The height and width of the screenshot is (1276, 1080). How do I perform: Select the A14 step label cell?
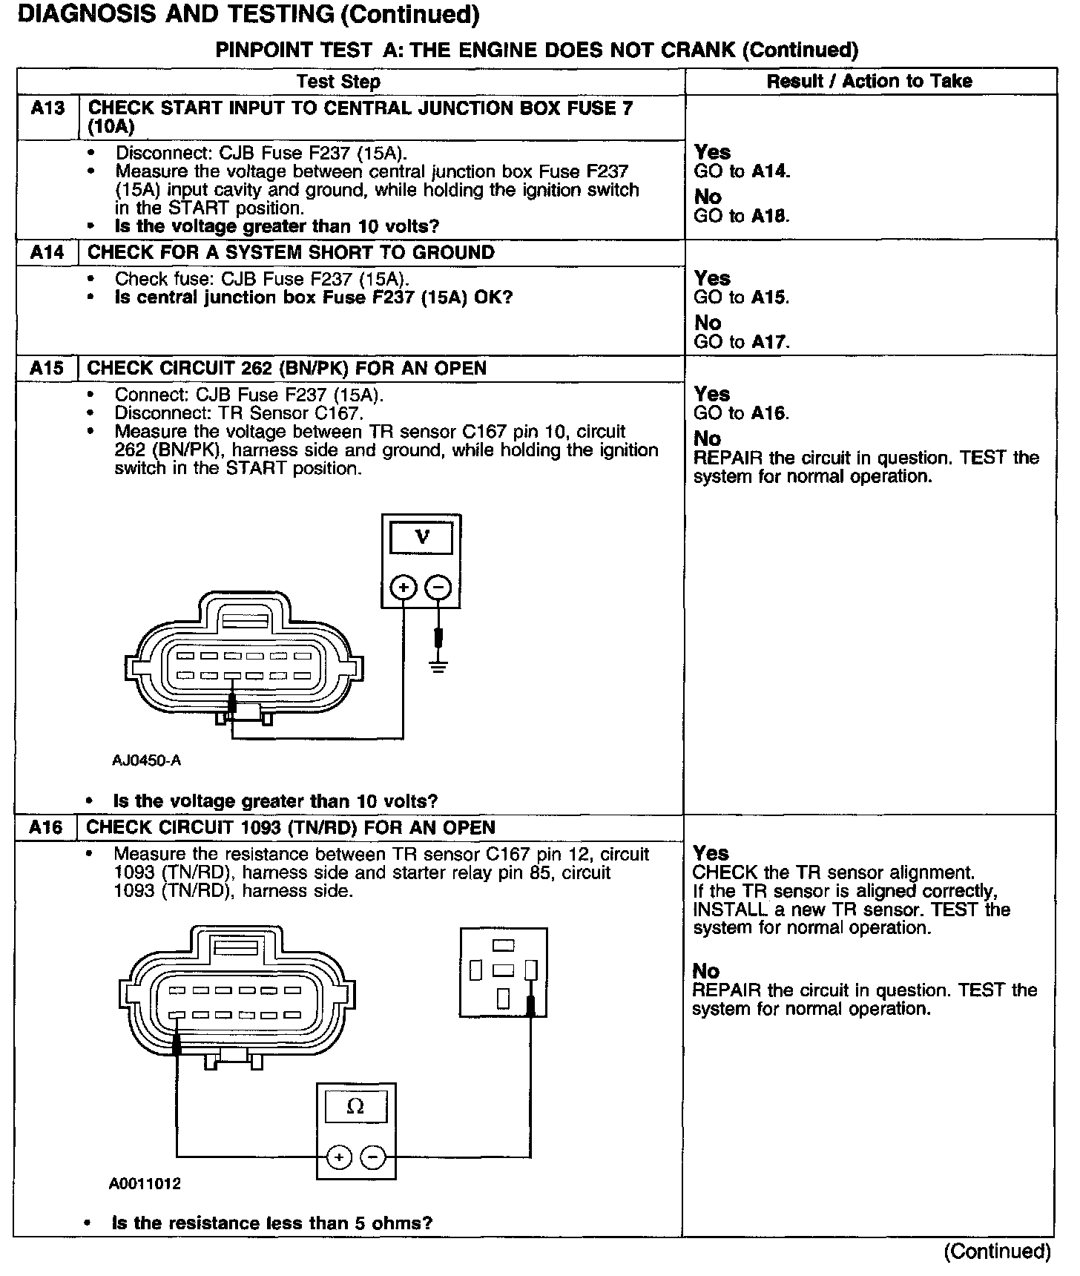pyautogui.click(x=47, y=253)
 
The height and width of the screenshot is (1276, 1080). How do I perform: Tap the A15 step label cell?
pyautogui.click(x=47, y=369)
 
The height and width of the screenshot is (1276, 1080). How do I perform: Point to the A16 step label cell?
pyautogui.click(x=46, y=827)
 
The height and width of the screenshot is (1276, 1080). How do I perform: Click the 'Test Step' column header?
pyautogui.click(x=338, y=82)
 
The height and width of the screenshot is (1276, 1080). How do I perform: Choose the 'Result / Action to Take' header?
pyautogui.click(x=869, y=81)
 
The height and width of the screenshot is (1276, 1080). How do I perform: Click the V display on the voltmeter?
pyautogui.click(x=421, y=537)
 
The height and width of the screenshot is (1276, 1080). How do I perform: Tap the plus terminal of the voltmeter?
pyautogui.click(x=404, y=588)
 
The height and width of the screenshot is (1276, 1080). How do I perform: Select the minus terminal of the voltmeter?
pyautogui.click(x=438, y=588)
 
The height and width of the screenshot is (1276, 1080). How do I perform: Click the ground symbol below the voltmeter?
pyautogui.click(x=438, y=665)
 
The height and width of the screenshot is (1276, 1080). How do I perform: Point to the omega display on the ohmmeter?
pyautogui.click(x=355, y=1107)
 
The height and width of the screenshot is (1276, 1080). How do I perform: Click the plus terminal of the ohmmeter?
pyautogui.click(x=339, y=1157)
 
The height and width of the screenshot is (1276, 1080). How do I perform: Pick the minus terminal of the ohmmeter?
pyautogui.click(x=373, y=1157)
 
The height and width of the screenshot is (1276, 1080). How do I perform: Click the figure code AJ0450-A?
pyautogui.click(x=147, y=760)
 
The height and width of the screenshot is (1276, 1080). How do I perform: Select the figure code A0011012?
pyautogui.click(x=145, y=1184)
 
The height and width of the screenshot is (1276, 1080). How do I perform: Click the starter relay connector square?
pyautogui.click(x=504, y=972)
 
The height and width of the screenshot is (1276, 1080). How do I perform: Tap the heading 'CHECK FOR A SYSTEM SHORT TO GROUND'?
pyautogui.click(x=291, y=253)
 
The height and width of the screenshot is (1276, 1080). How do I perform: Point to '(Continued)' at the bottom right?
pyautogui.click(x=997, y=1252)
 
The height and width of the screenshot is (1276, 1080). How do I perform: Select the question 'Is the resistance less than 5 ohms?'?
pyautogui.click(x=271, y=1223)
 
